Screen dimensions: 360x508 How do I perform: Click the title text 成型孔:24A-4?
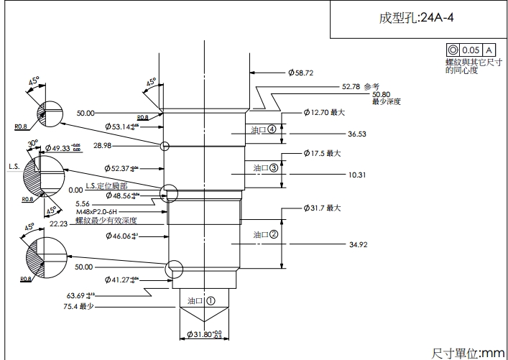[416, 19]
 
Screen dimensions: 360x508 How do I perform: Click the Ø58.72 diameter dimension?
[301, 73]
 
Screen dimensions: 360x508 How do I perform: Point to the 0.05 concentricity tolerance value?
[471, 50]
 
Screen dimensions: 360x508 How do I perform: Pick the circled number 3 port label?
[273, 167]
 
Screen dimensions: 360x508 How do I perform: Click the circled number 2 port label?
[273, 234]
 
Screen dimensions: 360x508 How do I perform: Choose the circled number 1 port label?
[211, 300]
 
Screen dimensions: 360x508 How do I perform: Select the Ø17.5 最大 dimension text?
[322, 153]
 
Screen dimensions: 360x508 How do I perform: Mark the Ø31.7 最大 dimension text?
[322, 208]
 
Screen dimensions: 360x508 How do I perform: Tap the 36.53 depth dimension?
[357, 134]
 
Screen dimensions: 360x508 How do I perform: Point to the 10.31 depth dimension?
[357, 175]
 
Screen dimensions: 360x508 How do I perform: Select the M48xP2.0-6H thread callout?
[106, 212]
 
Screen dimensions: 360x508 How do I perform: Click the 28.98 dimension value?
[103, 146]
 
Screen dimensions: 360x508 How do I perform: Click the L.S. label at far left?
[14, 166]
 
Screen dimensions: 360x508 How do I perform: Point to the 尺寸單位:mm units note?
[468, 353]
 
